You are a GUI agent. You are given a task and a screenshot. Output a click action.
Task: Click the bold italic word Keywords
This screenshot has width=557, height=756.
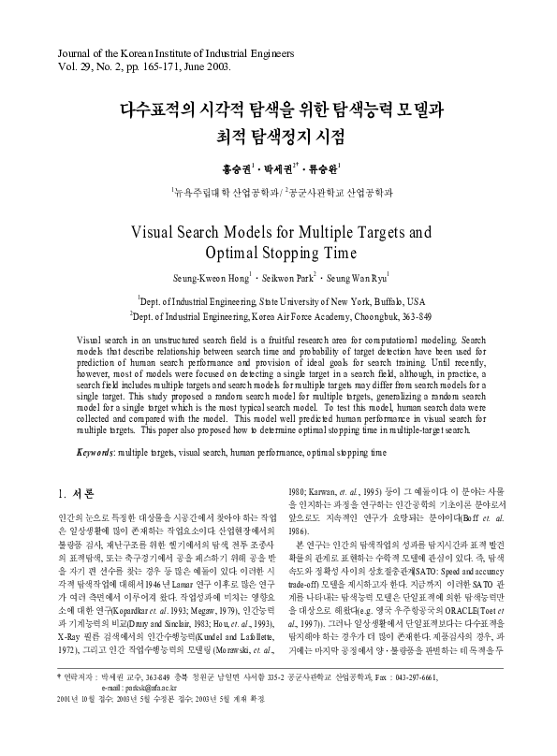pos(96,452)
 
